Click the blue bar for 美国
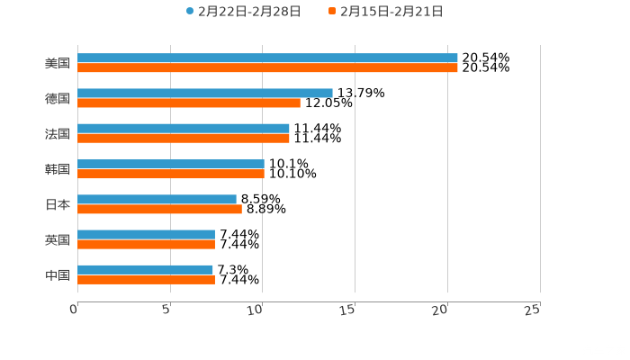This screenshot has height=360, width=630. (x=267, y=58)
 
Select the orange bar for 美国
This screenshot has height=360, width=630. (x=267, y=67)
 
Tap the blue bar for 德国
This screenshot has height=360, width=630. (x=205, y=93)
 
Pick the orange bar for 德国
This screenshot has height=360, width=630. (x=189, y=103)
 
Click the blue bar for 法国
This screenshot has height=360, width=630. (x=184, y=128)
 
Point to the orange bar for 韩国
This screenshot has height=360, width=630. (x=171, y=174)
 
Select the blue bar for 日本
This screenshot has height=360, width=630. (x=157, y=199)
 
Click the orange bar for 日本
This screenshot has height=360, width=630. (x=159, y=209)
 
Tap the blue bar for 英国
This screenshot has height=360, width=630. (x=147, y=234)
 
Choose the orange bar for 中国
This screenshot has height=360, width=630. (x=147, y=279)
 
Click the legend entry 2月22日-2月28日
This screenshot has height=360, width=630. (x=243, y=12)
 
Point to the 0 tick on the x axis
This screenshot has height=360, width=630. (x=75, y=310)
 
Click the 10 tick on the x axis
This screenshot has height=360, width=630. (x=258, y=310)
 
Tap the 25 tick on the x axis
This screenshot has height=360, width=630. (x=533, y=310)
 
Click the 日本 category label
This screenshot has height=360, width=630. (x=58, y=204)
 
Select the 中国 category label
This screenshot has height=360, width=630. (x=58, y=274)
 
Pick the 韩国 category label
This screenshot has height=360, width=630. (x=58, y=169)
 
